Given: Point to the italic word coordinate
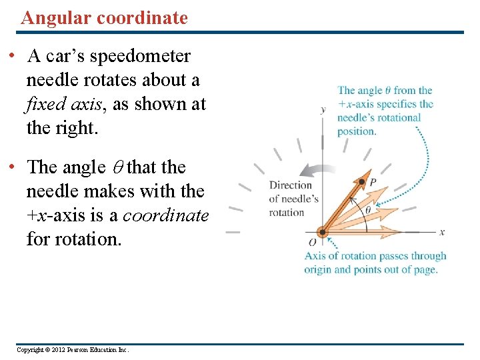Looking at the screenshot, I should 166,215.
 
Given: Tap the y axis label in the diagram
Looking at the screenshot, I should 323,109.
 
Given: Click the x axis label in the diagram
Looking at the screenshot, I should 441,231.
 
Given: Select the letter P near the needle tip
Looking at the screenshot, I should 373,181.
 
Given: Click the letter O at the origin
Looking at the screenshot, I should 312,241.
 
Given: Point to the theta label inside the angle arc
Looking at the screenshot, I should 368,209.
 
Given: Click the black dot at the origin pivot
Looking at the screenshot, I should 323,233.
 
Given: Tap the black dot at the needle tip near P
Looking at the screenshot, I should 362,181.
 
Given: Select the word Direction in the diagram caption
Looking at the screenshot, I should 290,185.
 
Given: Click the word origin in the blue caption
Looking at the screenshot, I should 318,270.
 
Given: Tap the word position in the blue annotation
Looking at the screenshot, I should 357,131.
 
